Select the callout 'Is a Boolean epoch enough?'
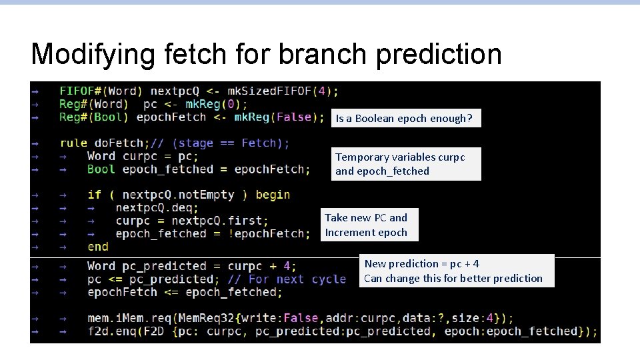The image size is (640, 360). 404,119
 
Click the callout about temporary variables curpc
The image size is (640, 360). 406,164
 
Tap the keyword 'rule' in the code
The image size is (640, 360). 73,143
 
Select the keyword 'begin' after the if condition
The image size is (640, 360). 273,195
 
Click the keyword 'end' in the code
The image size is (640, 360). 98,247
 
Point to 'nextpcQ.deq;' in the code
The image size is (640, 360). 157,207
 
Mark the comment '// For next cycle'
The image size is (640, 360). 287,279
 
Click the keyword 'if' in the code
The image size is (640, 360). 94,195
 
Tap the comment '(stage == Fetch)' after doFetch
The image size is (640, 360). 231,143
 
